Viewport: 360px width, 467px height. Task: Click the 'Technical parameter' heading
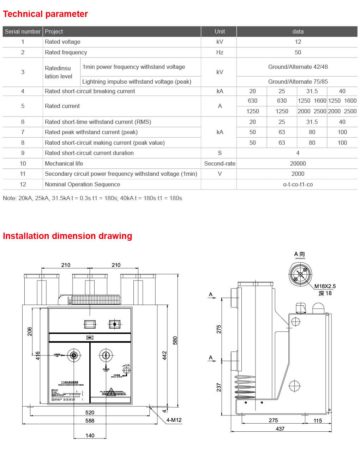coord(45,14)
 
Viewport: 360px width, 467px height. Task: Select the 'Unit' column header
coord(220,31)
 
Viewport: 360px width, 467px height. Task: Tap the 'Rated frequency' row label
coord(66,52)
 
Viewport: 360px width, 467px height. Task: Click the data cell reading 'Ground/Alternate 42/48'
coord(298,67)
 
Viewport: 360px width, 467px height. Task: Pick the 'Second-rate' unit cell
coord(220,163)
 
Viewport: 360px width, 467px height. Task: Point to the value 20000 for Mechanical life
coord(298,163)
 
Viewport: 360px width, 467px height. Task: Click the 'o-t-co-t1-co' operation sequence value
coord(298,184)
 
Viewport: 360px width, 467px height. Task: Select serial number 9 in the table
coord(23,153)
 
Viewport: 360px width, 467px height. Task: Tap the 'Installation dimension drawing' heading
coord(67,236)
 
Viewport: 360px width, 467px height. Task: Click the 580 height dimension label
coord(175,341)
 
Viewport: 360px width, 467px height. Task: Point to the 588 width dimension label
coord(90,421)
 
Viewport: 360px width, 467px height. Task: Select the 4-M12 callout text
coord(174,420)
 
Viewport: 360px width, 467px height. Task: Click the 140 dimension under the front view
coord(90,436)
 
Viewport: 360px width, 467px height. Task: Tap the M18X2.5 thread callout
coord(325,286)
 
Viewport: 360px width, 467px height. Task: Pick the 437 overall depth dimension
coord(280,429)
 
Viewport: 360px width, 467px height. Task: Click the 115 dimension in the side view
coord(318,421)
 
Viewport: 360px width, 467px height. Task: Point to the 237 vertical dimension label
coord(219,387)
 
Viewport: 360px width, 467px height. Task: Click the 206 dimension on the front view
coord(30,331)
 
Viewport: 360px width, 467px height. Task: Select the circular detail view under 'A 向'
coord(300,274)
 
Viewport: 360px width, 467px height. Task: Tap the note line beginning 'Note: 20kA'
coord(92,198)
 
